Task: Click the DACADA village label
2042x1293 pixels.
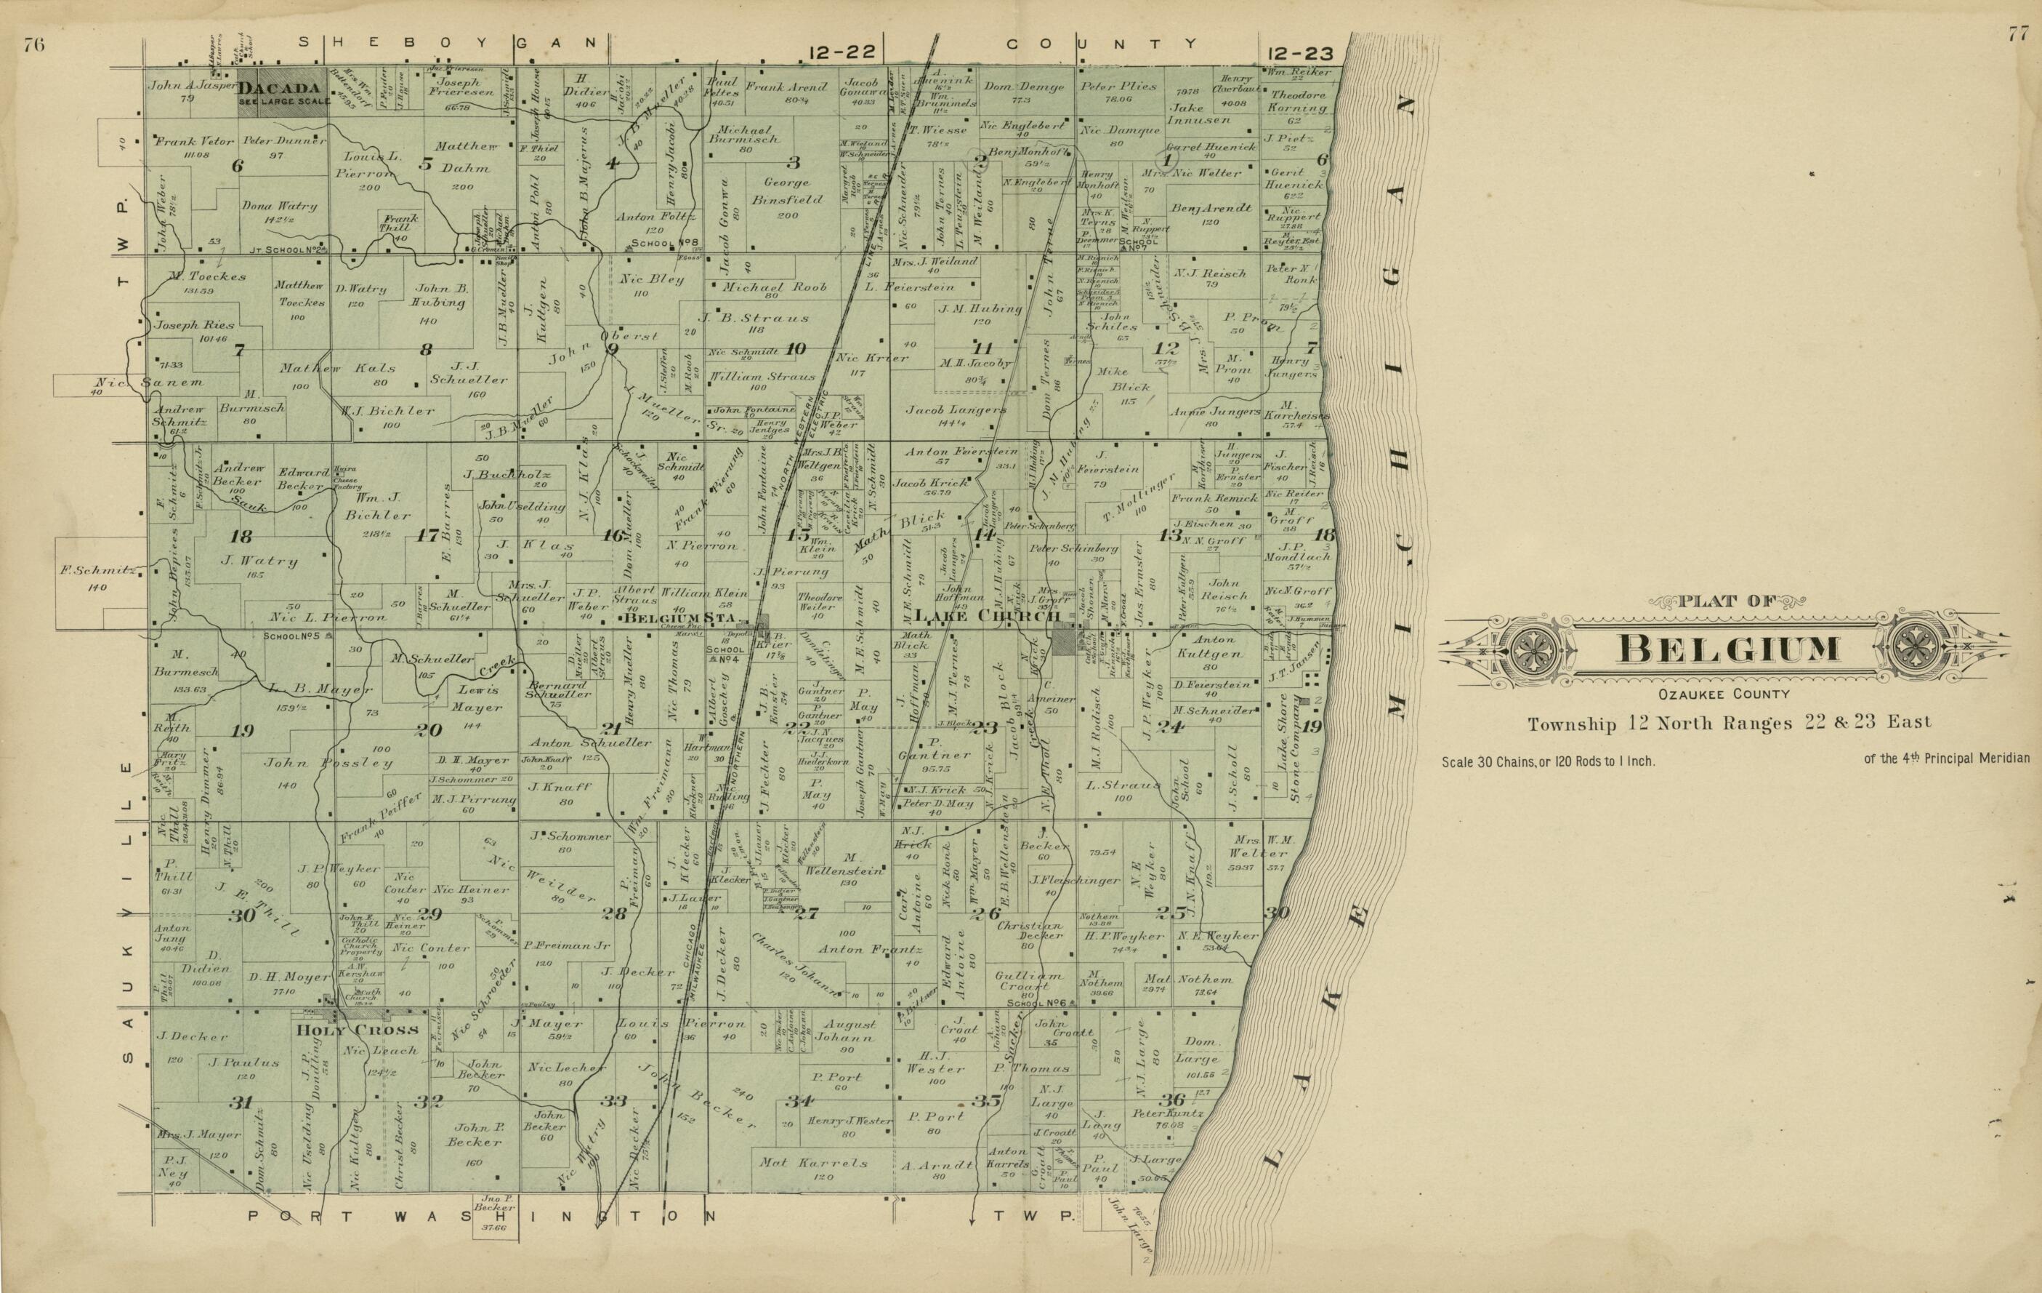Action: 279,88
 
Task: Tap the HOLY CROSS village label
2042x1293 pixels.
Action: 357,1030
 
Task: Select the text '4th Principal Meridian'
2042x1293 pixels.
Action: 1950,758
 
